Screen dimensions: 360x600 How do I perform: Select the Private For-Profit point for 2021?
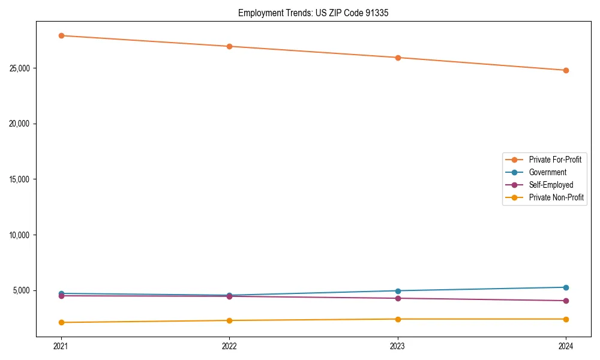(61, 35)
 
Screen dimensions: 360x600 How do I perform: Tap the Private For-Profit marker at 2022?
(229, 46)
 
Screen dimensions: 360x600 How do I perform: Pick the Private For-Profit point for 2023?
(398, 58)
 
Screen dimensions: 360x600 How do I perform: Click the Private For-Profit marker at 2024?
(566, 70)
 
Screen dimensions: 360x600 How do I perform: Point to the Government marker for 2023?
(398, 291)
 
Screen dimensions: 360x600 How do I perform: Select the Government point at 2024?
(566, 287)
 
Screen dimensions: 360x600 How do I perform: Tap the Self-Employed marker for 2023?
(398, 298)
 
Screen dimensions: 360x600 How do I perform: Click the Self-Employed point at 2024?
(566, 301)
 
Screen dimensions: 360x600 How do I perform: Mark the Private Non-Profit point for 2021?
(61, 322)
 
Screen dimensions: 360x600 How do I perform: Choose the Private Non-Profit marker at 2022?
(229, 320)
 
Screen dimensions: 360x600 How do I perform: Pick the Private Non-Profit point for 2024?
(566, 319)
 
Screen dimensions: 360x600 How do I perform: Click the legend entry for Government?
(547, 172)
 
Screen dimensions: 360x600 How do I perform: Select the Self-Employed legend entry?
(551, 185)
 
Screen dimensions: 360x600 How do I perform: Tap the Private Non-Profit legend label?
(556, 197)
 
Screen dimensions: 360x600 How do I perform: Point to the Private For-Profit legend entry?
(555, 160)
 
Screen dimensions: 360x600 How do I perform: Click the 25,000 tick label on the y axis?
(21, 68)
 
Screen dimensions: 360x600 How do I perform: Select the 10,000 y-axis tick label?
(21, 235)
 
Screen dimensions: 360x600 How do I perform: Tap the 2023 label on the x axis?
(398, 346)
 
